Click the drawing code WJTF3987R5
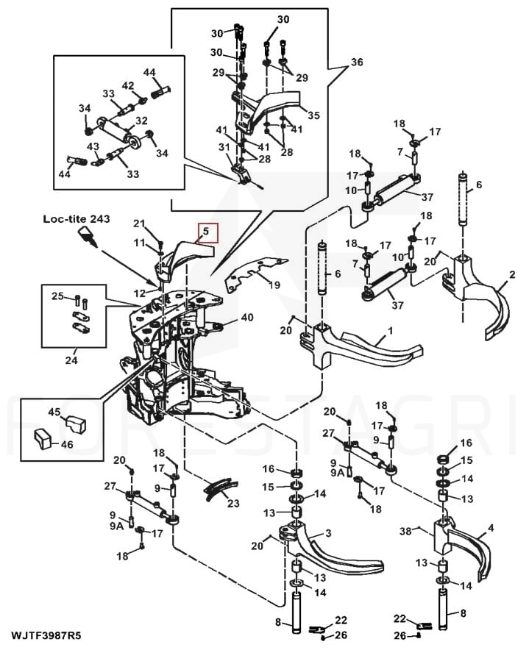pyautogui.click(x=46, y=635)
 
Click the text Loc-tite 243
pyautogui.click(x=77, y=219)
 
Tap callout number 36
pyautogui.click(x=356, y=63)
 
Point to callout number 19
pyautogui.click(x=274, y=285)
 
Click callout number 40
pyautogui.click(x=247, y=318)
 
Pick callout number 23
pyautogui.click(x=233, y=503)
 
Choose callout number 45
pyautogui.click(x=54, y=412)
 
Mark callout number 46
pyautogui.click(x=67, y=445)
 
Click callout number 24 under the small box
pyautogui.click(x=71, y=360)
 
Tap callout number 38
pyautogui.click(x=405, y=531)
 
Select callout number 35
pyautogui.click(x=313, y=115)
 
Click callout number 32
pyautogui.click(x=141, y=121)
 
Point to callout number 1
pyautogui.click(x=391, y=331)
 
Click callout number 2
pyautogui.click(x=512, y=274)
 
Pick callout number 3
pyautogui.click(x=328, y=533)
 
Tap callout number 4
pyautogui.click(x=491, y=528)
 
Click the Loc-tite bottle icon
pyautogui.click(x=88, y=237)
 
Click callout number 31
pyautogui.click(x=224, y=147)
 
